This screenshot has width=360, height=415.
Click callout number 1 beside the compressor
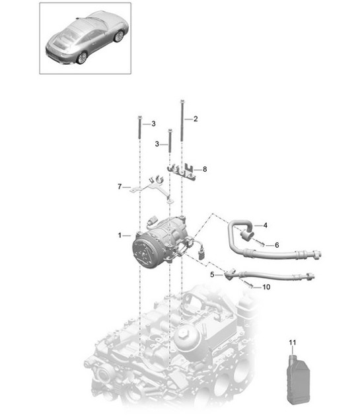coord(120,235)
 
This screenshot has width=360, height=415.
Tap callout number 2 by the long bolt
coord(195,120)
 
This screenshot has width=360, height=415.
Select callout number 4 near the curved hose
coord(265,225)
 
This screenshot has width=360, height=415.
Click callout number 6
coord(276,245)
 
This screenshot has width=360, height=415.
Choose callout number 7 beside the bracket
coord(120,187)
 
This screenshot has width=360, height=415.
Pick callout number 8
coord(205,169)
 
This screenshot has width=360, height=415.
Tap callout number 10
coord(266,287)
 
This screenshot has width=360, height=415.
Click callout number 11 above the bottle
coord(293,342)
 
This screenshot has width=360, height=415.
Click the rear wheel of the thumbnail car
coord(82,57)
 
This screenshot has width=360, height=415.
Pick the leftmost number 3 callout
coord(153,124)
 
